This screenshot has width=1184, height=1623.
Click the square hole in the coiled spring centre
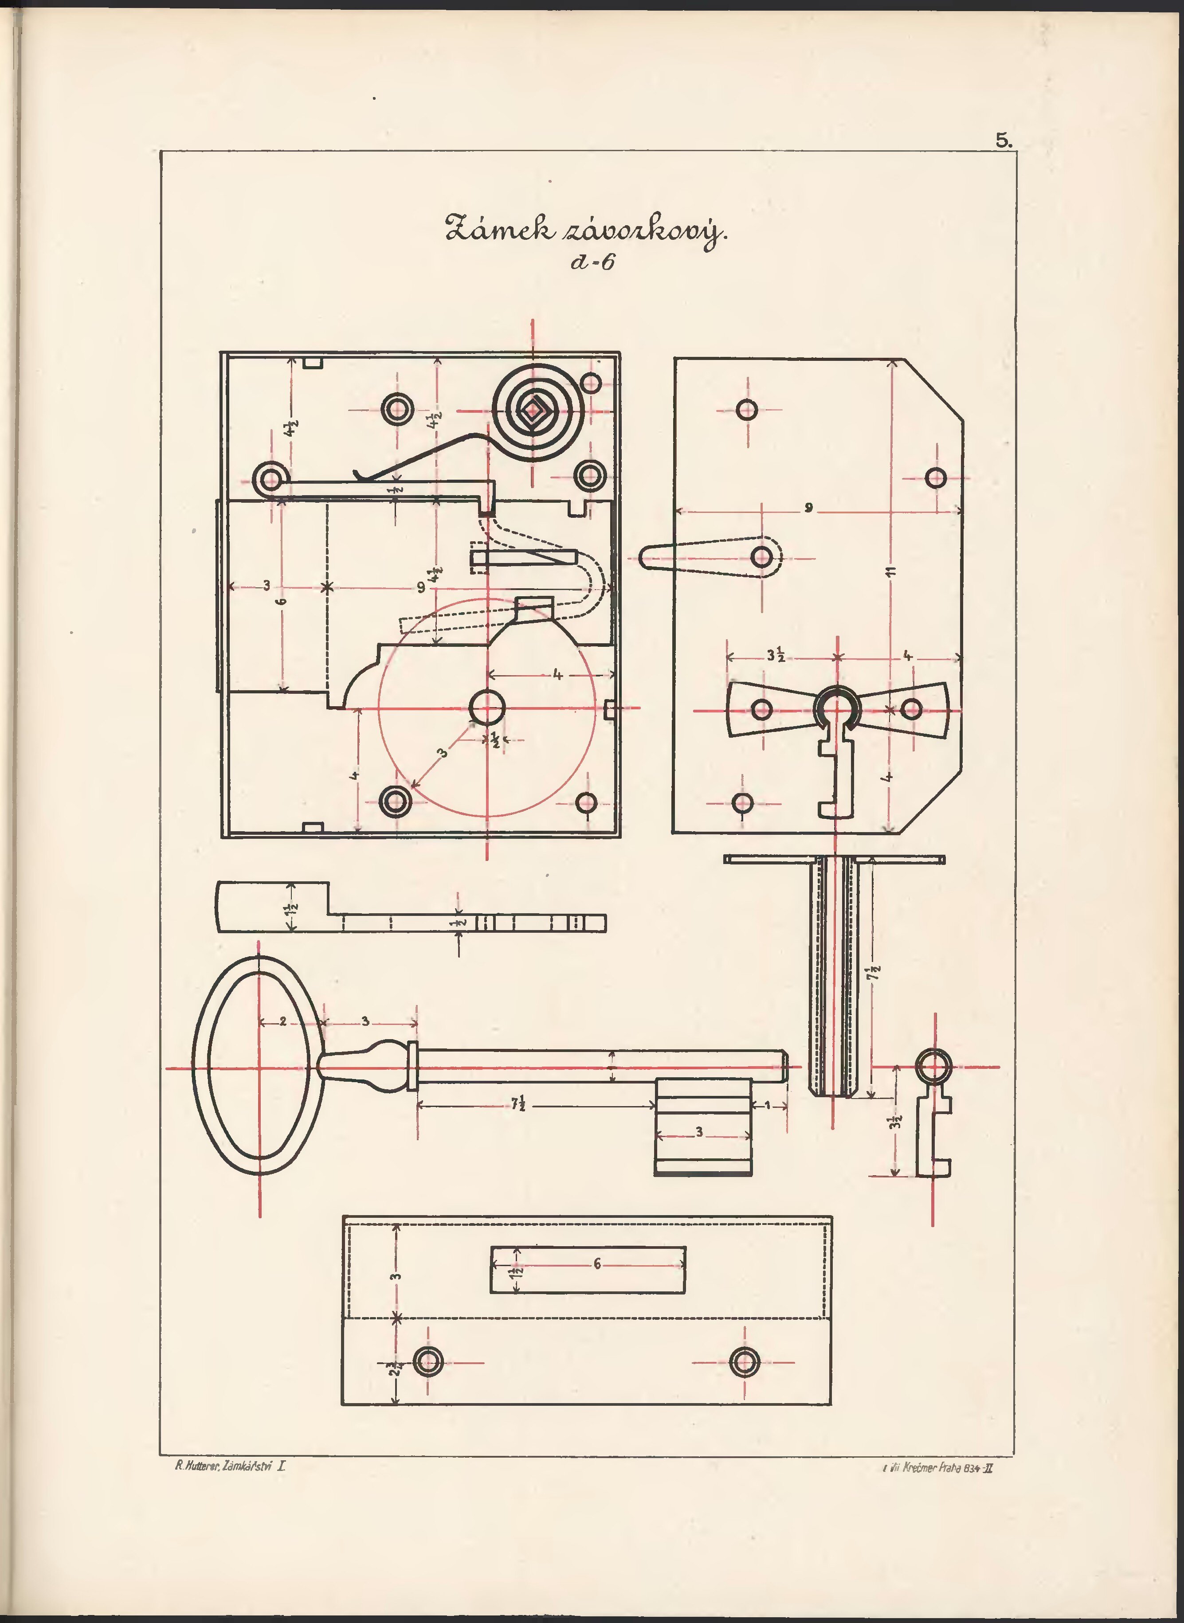(533, 411)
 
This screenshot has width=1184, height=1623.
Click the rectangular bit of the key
(703, 1126)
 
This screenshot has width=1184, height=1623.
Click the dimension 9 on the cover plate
(808, 509)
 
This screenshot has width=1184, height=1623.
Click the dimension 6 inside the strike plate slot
(596, 1265)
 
